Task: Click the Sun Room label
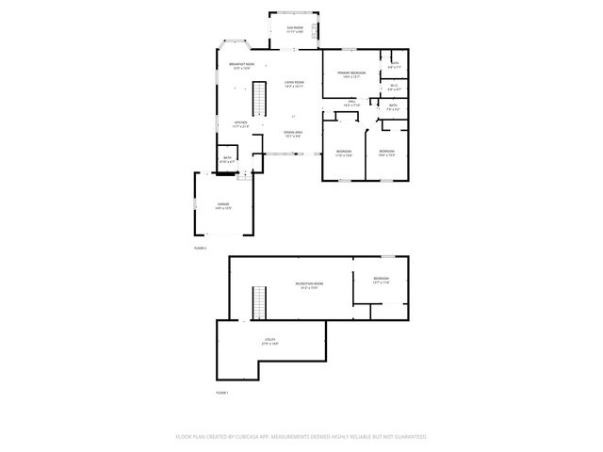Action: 295,29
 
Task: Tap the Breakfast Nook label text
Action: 242,65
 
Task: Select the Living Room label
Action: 294,83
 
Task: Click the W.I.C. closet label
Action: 394,87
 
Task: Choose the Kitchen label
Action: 241,122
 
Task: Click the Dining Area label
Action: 293,133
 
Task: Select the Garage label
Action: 223,204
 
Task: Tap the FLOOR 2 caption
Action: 200,248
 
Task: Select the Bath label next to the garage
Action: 226,159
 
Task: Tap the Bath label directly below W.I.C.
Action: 393,105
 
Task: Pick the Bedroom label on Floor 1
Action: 381,279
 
